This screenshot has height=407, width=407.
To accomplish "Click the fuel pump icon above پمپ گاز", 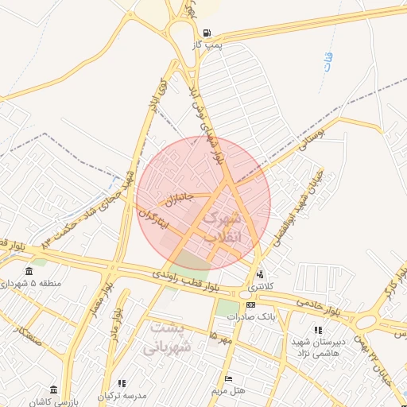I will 207,33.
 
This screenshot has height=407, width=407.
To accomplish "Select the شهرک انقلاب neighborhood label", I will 221,227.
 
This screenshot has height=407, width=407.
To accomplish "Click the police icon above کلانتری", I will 259,274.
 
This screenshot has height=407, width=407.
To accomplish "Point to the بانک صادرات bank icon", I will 250,305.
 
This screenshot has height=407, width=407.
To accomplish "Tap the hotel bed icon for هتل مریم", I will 230,378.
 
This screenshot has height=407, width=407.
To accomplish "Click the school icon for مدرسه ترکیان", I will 122,383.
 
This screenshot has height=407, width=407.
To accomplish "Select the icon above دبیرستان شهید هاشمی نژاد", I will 318,330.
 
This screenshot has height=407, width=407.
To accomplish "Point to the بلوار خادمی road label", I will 316,305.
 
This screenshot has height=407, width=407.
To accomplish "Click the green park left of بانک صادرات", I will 227,307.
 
